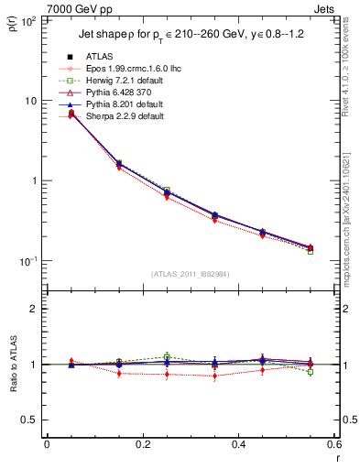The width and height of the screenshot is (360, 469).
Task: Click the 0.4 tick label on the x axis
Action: (x=238, y=445)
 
